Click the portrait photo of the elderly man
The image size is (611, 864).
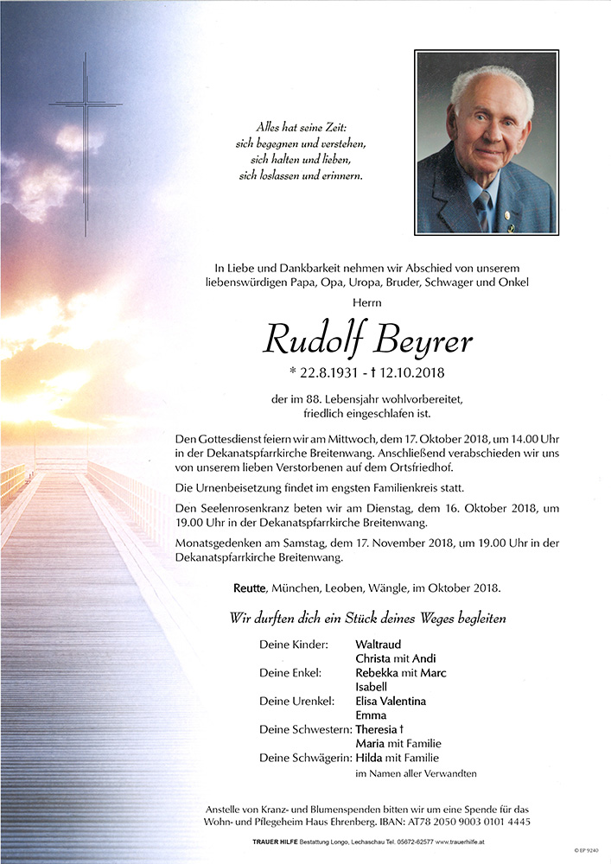485,143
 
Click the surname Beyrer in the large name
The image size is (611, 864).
423,340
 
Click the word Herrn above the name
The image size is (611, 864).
366,302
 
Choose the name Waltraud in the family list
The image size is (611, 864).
379,644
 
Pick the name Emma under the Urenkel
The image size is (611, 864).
370,715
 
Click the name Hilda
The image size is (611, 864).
370,758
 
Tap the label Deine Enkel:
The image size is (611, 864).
290,672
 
